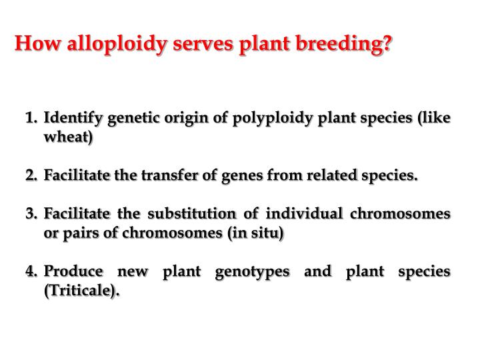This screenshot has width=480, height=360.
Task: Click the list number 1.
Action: (x=31, y=118)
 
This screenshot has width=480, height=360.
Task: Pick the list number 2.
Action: (x=31, y=176)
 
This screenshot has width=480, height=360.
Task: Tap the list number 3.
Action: (x=31, y=214)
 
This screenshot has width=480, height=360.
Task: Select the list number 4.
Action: (x=31, y=272)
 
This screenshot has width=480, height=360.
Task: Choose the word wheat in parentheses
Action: (x=67, y=138)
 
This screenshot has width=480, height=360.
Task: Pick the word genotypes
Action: (x=256, y=272)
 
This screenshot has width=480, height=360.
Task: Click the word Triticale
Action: (x=81, y=292)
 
